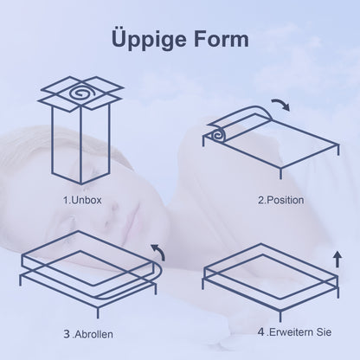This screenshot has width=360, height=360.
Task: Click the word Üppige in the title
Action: click(148, 39)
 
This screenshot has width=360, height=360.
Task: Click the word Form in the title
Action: click(221, 40)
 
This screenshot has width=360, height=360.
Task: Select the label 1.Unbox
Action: click(82, 200)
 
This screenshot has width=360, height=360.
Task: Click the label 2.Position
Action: click(281, 200)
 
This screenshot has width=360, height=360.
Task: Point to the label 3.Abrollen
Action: click(88, 334)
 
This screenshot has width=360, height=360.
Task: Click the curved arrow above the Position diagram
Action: click(281, 104)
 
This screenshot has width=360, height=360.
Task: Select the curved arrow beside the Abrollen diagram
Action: click(159, 250)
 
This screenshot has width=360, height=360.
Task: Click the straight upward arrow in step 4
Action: click(337, 259)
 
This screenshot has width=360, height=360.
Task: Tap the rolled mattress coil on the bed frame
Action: click(217, 135)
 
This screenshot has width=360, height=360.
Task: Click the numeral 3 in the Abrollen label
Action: click(67, 334)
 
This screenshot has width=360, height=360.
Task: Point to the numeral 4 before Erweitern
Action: click(261, 331)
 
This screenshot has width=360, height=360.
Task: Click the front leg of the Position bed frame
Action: click(280, 173)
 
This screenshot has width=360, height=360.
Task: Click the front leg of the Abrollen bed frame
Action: click(98, 312)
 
